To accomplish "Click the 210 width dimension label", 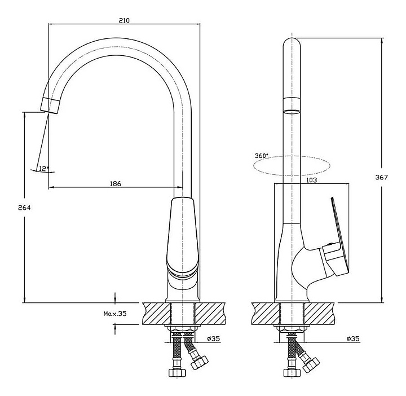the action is (124, 20).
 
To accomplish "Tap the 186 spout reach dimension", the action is (116, 184).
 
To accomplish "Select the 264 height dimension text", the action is (24, 208).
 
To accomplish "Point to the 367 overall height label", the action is (382, 177).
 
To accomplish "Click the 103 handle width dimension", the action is (311, 180).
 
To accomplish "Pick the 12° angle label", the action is (44, 169).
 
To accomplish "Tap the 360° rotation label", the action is (262, 156).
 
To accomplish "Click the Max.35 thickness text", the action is (115, 314).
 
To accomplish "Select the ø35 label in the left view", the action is (213, 338).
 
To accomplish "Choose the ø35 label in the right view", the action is (353, 338).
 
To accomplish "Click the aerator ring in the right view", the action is (292, 105).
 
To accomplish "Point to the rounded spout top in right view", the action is (292, 43).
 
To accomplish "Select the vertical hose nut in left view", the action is (177, 373).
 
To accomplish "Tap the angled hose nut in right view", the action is (311, 364).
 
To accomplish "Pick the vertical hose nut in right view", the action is (292, 373).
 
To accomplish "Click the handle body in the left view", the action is (183, 236).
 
